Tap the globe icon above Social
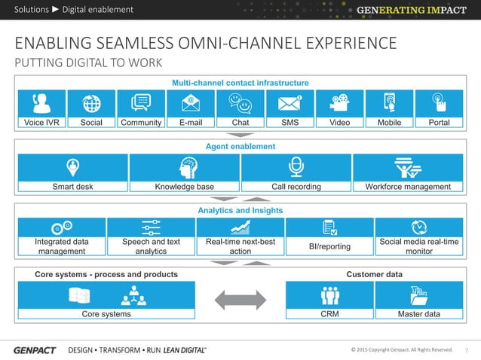tap(91, 102)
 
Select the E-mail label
tap(191, 123)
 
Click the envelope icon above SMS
tap(290, 102)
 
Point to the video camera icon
tap(339, 102)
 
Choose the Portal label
tap(439, 123)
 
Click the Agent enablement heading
tap(240, 146)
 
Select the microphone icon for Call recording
tap(296, 166)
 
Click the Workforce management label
tap(408, 187)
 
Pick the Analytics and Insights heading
tap(240, 210)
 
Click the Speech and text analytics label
tap(151, 246)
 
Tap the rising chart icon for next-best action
tap(240, 227)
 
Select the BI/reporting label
tap(329, 246)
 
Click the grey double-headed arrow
tap(240, 299)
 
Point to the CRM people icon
tap(329, 294)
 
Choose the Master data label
tap(419, 314)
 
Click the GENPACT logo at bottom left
tap(34, 350)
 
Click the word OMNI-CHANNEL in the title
tap(250, 41)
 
